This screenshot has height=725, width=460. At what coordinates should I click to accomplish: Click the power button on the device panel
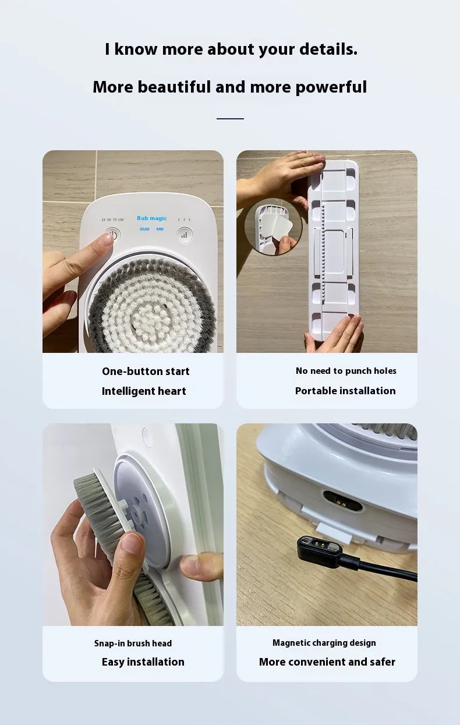[113, 235]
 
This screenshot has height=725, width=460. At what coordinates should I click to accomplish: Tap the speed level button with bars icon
[184, 235]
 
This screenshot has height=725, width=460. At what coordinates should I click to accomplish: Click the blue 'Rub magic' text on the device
[152, 218]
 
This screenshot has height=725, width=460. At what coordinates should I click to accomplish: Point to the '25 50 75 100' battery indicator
[112, 220]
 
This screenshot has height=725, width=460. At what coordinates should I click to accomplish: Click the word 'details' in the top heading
[328, 49]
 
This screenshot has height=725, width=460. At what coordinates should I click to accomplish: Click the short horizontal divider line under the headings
[230, 119]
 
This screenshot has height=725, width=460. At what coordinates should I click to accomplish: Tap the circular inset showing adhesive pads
[274, 227]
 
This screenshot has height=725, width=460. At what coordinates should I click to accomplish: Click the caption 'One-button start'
[146, 372]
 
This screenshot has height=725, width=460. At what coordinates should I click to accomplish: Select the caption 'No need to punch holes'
[346, 371]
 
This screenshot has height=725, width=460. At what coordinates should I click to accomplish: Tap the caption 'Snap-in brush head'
[133, 643]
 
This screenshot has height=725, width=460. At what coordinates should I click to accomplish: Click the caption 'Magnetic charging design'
[324, 643]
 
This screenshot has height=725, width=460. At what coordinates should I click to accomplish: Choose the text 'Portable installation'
[345, 391]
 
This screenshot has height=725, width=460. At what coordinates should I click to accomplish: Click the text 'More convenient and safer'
[327, 662]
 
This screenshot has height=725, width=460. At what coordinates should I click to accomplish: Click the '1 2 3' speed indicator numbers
[184, 220]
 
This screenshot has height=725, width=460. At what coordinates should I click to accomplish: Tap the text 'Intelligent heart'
[144, 391]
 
